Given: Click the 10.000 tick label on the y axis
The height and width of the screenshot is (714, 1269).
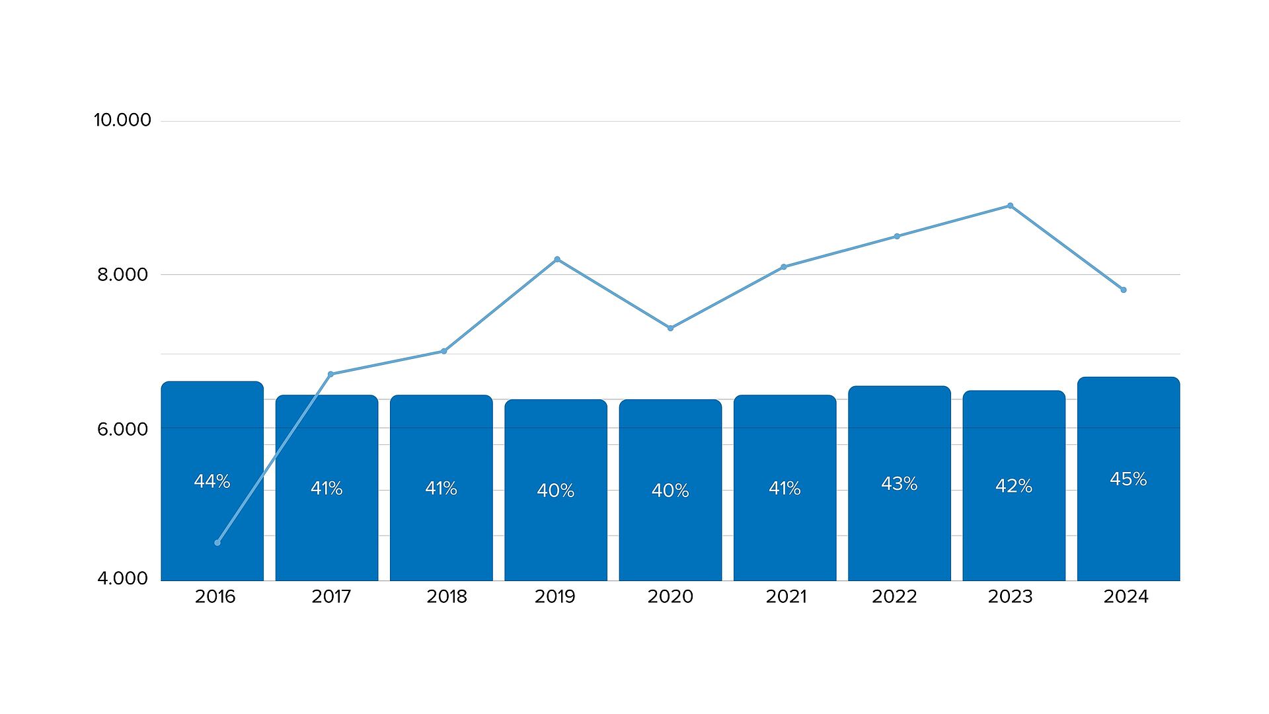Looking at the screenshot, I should [122, 120].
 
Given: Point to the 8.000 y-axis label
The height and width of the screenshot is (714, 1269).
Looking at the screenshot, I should [123, 274].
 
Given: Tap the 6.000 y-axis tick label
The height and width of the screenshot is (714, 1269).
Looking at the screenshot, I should [123, 429].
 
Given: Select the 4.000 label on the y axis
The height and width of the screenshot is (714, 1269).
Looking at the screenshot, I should [123, 578].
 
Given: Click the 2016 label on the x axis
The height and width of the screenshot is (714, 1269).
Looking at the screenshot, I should [215, 597].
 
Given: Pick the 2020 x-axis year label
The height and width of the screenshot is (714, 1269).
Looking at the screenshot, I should [670, 597].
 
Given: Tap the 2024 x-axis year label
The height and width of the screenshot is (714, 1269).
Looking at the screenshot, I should [1126, 597].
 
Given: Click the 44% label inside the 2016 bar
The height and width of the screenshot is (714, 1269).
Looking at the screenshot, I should [212, 481].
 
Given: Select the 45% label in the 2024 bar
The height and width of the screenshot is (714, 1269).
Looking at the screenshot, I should [1128, 479].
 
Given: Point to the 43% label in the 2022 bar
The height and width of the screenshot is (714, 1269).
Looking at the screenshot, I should [899, 484].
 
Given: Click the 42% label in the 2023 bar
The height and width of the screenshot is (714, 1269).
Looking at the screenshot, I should [1014, 486].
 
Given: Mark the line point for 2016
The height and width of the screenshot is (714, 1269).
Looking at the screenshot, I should [217, 543].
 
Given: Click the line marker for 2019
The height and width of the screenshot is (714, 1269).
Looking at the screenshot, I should [557, 259].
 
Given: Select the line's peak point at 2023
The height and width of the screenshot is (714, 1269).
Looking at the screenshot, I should [1010, 206].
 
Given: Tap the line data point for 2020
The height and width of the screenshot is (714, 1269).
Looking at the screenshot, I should [670, 328].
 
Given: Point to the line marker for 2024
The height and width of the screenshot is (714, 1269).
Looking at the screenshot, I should [1124, 290].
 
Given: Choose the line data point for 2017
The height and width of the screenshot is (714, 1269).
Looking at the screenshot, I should [330, 374].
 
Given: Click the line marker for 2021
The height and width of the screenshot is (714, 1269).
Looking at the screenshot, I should [784, 267].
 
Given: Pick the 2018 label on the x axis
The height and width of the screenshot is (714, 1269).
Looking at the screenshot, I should [447, 597].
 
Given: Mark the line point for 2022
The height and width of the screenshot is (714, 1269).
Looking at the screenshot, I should [897, 236].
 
